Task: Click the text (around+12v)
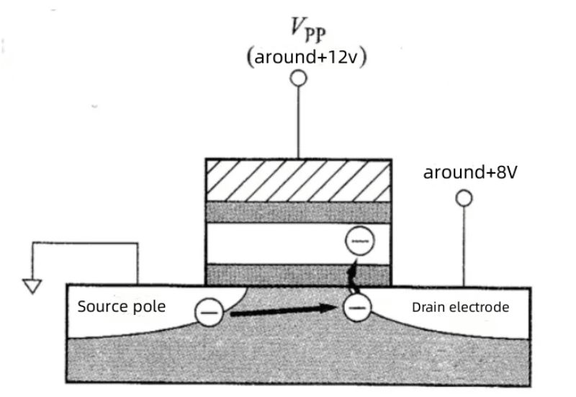click(307, 58)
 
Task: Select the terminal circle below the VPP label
click(298, 79)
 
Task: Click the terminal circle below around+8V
click(464, 197)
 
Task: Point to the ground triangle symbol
click(30, 286)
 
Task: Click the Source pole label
click(121, 306)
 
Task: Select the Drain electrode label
click(460, 308)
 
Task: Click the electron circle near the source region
click(208, 312)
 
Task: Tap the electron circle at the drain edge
click(354, 308)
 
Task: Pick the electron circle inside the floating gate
click(358, 241)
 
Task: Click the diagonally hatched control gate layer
click(298, 179)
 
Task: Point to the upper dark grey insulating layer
click(298, 212)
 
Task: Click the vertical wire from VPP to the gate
click(298, 122)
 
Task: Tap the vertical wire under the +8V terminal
click(464, 245)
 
